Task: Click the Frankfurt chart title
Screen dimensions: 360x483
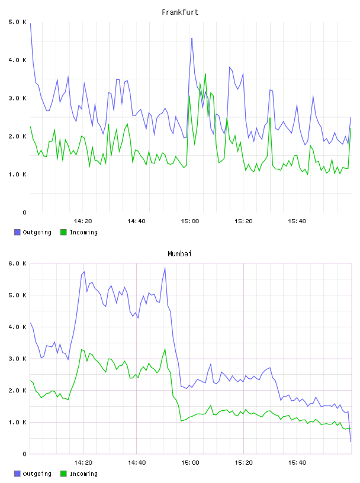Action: tap(180, 12)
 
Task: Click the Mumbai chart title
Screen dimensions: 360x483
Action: tap(179, 254)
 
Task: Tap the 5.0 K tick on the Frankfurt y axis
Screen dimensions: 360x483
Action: tap(17, 22)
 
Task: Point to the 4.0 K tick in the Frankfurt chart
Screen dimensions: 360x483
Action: tap(17, 60)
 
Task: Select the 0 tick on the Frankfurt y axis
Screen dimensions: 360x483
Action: tap(24, 212)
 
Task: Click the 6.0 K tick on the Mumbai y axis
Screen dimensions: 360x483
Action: tap(17, 263)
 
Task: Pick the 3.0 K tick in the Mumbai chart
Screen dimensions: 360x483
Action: tap(17, 359)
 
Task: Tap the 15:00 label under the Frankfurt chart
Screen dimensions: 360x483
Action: tap(190, 221)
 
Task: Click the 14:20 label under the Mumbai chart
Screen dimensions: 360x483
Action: tap(83, 463)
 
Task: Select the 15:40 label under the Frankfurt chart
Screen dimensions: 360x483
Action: tap(297, 221)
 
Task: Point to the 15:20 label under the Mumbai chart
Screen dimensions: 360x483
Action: tap(243, 463)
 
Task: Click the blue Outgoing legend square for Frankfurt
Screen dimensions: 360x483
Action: tap(17, 232)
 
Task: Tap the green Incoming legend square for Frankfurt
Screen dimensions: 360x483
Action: tap(63, 232)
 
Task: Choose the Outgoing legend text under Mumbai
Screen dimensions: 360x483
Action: tap(37, 474)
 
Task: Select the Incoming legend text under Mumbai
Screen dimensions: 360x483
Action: tap(83, 474)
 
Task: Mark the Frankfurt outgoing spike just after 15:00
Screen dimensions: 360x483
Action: tap(192, 38)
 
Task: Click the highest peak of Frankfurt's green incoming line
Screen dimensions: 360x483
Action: tap(205, 74)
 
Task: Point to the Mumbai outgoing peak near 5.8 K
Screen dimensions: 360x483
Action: tap(165, 268)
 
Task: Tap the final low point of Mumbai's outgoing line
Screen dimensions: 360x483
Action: tap(351, 442)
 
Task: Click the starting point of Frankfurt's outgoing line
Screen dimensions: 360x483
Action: tap(30, 23)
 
